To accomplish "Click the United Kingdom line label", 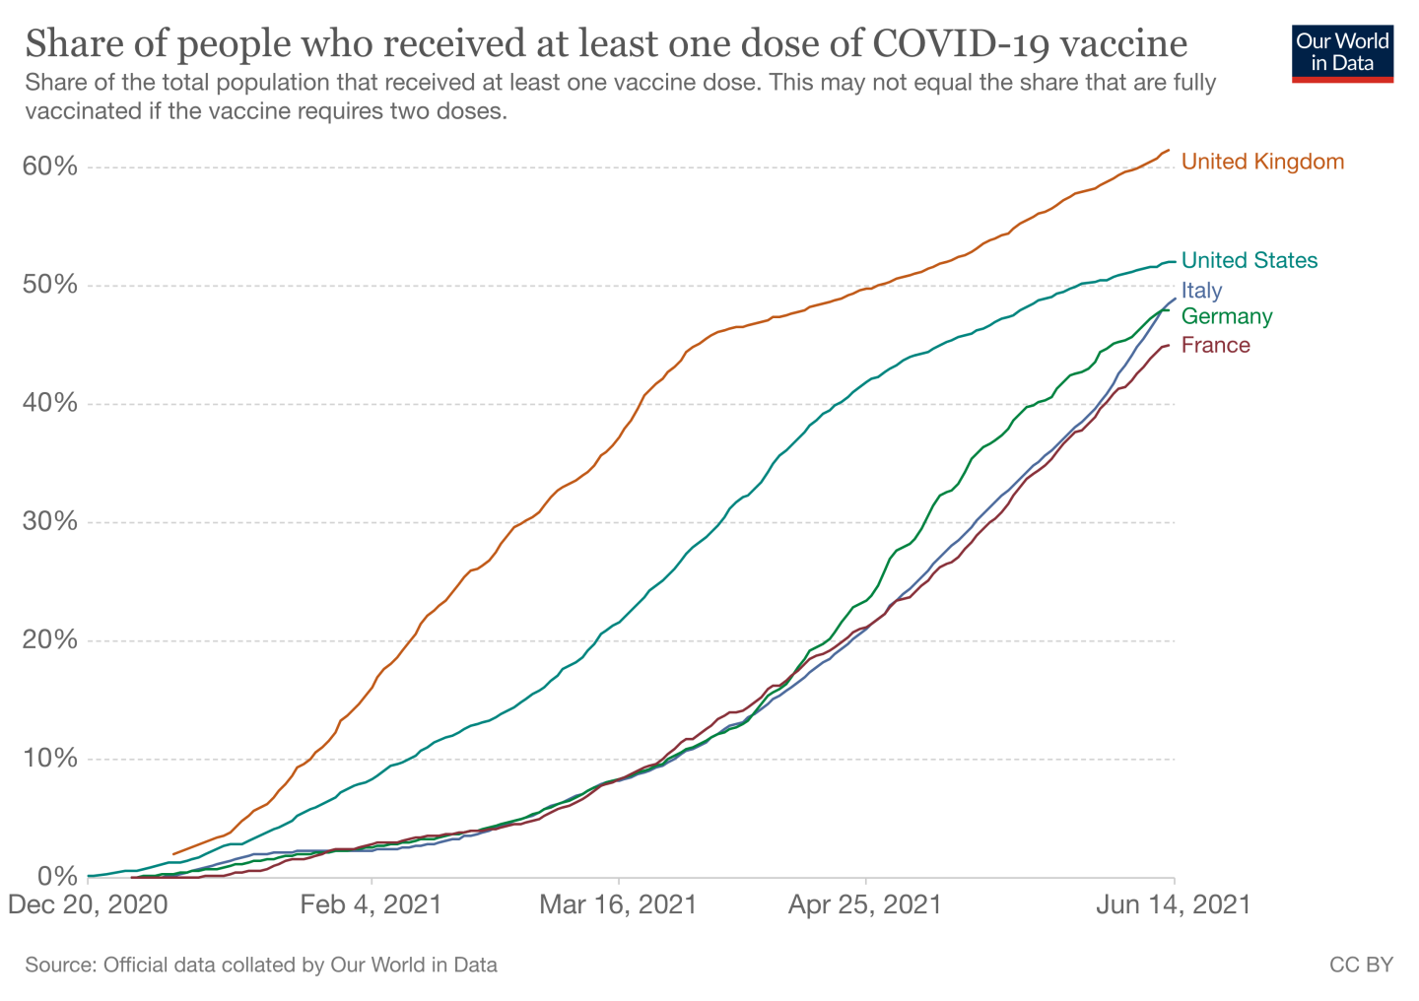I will (1262, 162).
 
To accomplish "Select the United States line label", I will (1249, 260).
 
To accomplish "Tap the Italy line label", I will (1201, 291).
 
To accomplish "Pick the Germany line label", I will (1227, 316).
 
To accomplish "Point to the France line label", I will (1215, 345).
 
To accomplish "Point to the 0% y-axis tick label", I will (56, 876).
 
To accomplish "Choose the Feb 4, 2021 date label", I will (372, 904).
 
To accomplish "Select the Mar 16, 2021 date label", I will (618, 904).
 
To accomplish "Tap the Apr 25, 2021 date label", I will (865, 904).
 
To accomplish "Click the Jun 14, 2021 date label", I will (1174, 904).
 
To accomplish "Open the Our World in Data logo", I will (1342, 52).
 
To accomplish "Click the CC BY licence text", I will (1361, 965).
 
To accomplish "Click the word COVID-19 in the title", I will (955, 44).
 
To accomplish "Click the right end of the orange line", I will (1168, 151).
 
